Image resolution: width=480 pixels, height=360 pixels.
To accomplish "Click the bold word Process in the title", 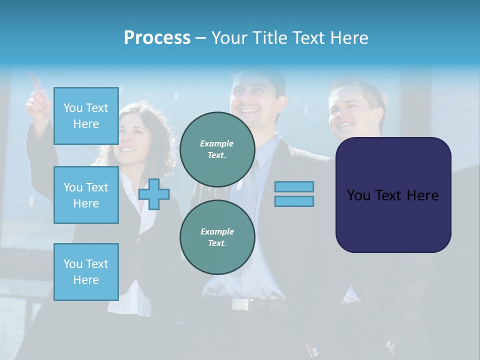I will pyautogui.click(x=157, y=38).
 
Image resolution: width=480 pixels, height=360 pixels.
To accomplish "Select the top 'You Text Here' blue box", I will pyautogui.click(x=86, y=116).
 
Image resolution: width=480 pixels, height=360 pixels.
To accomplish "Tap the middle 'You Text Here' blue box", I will pyautogui.click(x=86, y=195).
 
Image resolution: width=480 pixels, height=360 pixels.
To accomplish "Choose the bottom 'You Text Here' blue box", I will pyautogui.click(x=86, y=272).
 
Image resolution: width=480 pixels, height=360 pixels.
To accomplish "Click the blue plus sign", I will pyautogui.click(x=154, y=194).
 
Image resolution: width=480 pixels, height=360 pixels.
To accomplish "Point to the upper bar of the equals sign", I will pyautogui.click(x=294, y=186).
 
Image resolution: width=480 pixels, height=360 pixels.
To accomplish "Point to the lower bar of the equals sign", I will pyautogui.click(x=294, y=201).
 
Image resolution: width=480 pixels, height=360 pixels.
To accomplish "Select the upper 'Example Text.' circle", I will pyautogui.click(x=217, y=149).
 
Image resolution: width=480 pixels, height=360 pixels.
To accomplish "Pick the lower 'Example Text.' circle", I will pyautogui.click(x=217, y=237).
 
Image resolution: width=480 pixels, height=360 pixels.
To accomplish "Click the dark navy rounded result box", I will pyautogui.click(x=393, y=195).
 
